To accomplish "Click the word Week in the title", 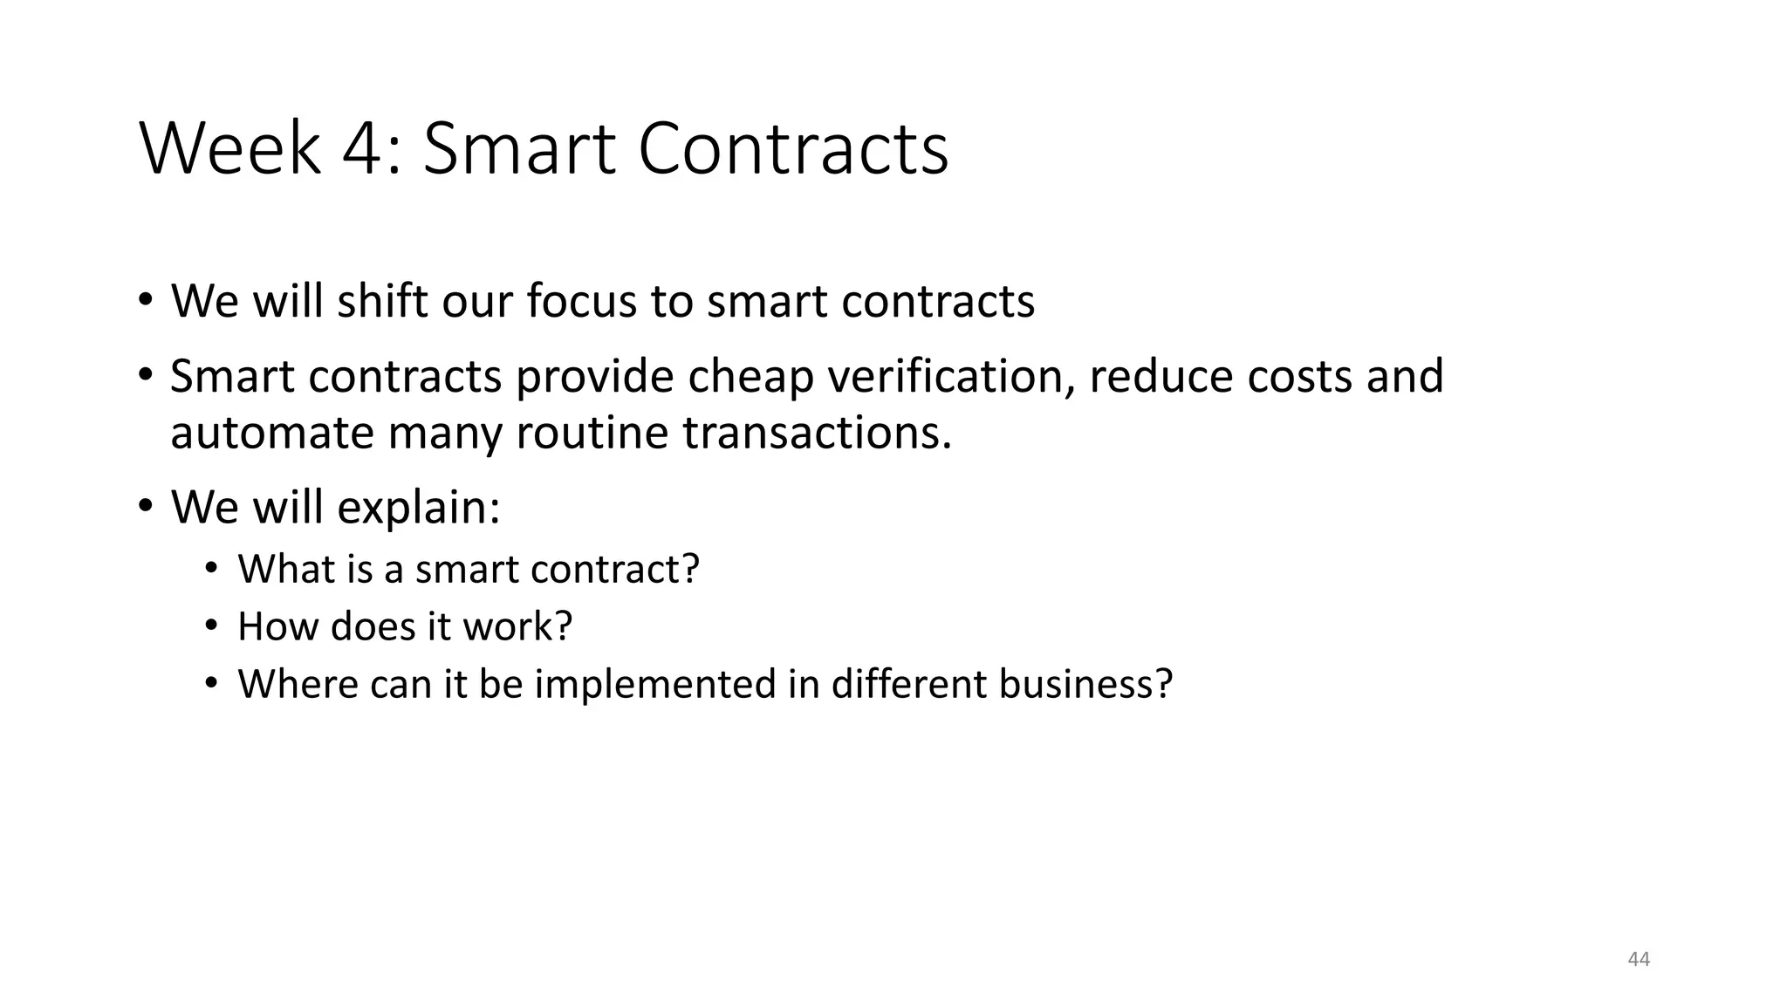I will [229, 149].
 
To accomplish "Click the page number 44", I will [1639, 960].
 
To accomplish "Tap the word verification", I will [950, 377].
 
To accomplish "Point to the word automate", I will [271, 433].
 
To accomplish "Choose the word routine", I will [592, 433].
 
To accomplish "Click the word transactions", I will [817, 433].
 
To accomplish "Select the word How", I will [277, 626].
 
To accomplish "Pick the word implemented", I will [654, 683].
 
